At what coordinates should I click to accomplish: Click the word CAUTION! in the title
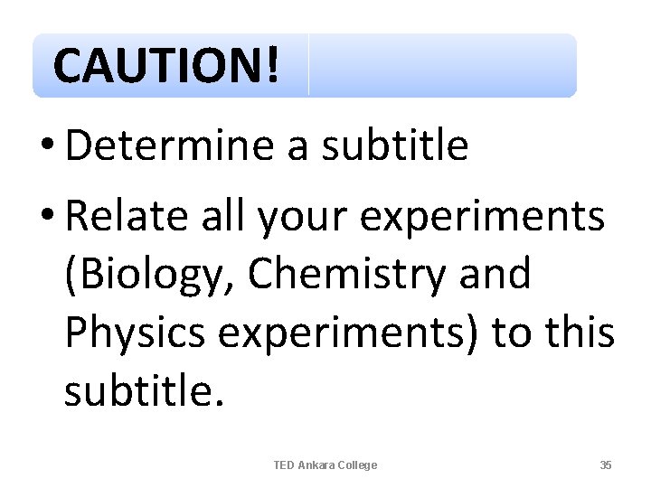pyautogui.click(x=166, y=65)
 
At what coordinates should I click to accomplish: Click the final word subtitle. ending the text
pyautogui.click(x=143, y=390)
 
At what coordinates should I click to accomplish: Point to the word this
pyautogui.click(x=580, y=333)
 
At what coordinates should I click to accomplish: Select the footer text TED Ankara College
pyautogui.click(x=325, y=465)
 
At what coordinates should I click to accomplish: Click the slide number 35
pyautogui.click(x=606, y=465)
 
